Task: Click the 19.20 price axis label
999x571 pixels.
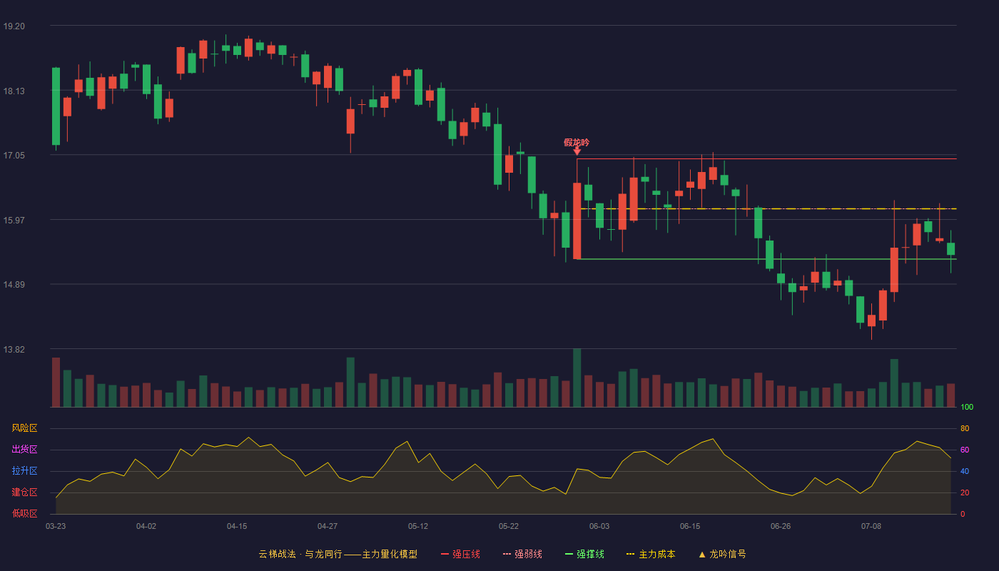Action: pyautogui.click(x=14, y=26)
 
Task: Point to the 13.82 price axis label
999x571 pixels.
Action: pyautogui.click(x=14, y=349)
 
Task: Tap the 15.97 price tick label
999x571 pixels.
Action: pyautogui.click(x=14, y=221)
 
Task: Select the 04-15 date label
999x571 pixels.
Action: pyautogui.click(x=237, y=527)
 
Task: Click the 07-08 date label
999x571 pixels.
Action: pyautogui.click(x=871, y=527)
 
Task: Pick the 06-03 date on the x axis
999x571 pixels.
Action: pyautogui.click(x=599, y=527)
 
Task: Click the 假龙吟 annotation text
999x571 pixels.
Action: pyautogui.click(x=577, y=142)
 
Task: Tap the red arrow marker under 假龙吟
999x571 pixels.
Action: pyautogui.click(x=577, y=151)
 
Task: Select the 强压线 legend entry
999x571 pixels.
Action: pyautogui.click(x=460, y=554)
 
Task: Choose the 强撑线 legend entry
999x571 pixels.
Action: pyautogui.click(x=584, y=554)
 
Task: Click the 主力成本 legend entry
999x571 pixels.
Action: pyautogui.click(x=651, y=554)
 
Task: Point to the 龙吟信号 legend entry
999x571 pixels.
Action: pyautogui.click(x=722, y=554)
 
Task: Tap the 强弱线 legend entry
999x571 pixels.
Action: pyautogui.click(x=522, y=554)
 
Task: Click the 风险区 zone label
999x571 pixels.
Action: pyautogui.click(x=24, y=428)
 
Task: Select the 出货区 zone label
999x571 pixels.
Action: pyautogui.click(x=24, y=449)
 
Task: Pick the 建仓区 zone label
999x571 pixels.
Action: pyautogui.click(x=24, y=492)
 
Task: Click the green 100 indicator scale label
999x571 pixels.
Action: pyautogui.click(x=967, y=407)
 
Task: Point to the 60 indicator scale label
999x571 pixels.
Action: pyautogui.click(x=965, y=450)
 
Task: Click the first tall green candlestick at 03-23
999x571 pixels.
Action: pyautogui.click(x=56, y=106)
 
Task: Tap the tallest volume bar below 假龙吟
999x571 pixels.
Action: pyautogui.click(x=577, y=378)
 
